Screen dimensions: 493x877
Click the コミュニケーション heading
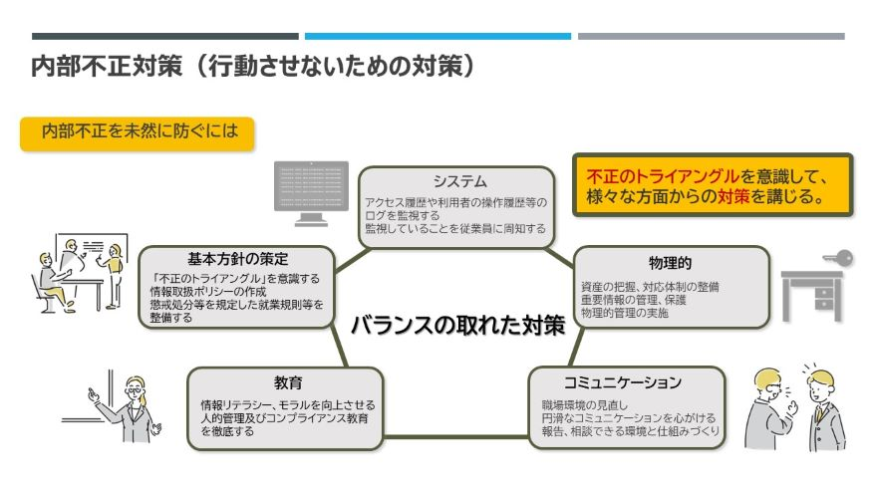coord(622,382)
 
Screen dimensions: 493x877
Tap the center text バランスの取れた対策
coord(457,325)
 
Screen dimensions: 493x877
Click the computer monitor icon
coord(311,192)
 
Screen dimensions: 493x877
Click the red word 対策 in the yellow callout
coord(732,196)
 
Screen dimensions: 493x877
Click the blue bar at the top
coord(438,36)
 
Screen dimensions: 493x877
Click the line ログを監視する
coord(403,215)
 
